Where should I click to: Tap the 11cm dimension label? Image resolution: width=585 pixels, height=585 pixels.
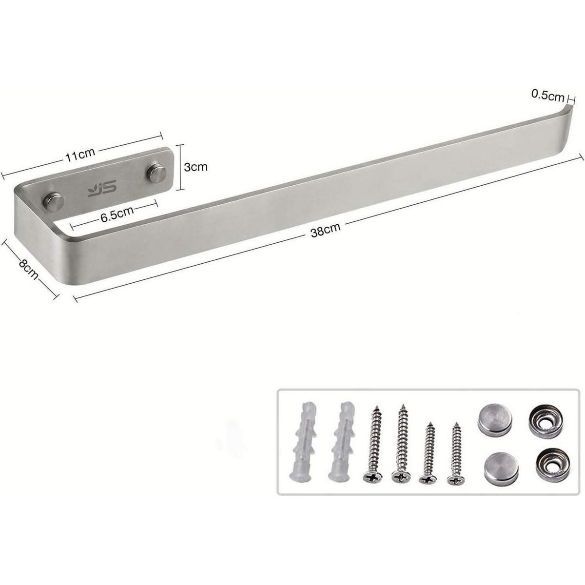pyautogui.click(x=80, y=155)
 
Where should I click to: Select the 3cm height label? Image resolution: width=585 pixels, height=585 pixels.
pyautogui.click(x=196, y=167)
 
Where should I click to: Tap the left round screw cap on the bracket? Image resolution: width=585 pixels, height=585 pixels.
pyautogui.click(x=54, y=201)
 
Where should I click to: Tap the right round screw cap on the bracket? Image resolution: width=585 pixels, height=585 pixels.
pyautogui.click(x=156, y=173)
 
